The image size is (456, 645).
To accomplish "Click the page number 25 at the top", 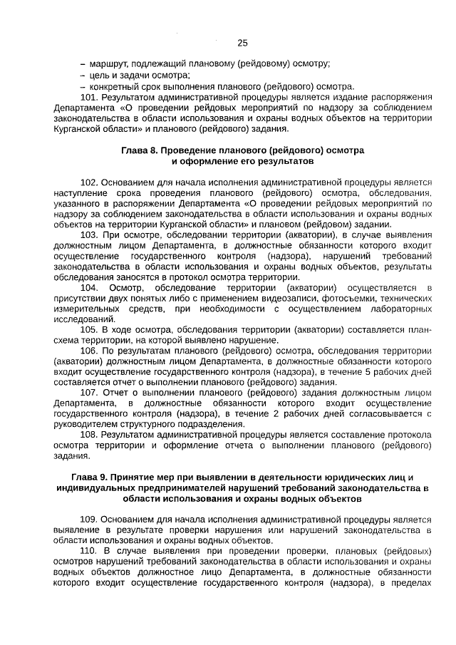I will tap(242, 43).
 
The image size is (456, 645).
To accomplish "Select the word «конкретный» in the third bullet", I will tap(115, 87).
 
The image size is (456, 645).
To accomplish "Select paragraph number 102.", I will tap(90, 182).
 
